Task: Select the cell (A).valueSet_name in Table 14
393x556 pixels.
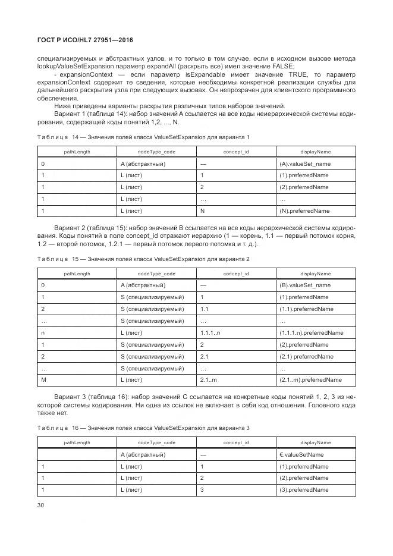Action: pos(305,164)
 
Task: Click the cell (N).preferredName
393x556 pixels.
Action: pos(304,211)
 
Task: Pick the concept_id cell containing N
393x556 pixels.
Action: pos(203,211)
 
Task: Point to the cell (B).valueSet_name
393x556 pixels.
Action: pos(305,285)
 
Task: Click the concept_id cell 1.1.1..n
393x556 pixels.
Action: pos(210,332)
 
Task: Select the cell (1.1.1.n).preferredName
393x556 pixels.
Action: pos(311,332)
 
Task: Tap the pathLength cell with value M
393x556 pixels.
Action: pos(43,380)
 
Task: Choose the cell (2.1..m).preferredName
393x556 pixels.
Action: pos(310,380)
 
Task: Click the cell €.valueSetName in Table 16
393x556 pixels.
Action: pos(301,454)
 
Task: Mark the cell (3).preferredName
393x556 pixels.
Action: pos(304,490)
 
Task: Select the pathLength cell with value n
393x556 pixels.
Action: pos(42,332)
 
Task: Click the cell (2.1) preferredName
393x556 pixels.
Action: pos(306,356)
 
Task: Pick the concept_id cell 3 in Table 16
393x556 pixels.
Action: pos(202,490)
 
